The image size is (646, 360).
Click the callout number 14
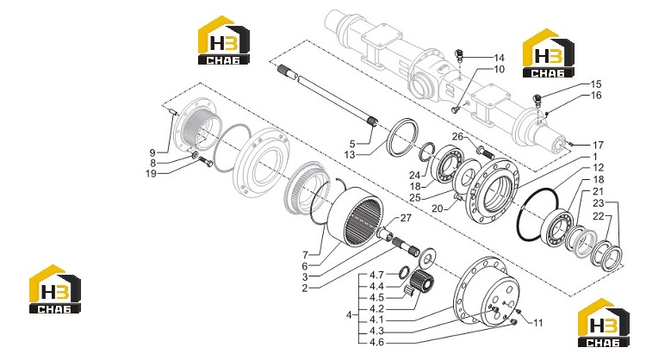pyautogui.click(x=499, y=58)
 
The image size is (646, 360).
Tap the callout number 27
pyautogui.click(x=406, y=218)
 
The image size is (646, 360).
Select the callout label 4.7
pyautogui.click(x=376, y=275)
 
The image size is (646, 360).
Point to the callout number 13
pyautogui.click(x=350, y=155)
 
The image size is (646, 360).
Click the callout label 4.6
pyautogui.click(x=376, y=342)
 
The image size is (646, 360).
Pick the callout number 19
pyautogui.click(x=152, y=173)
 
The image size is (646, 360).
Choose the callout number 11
pyautogui.click(x=538, y=323)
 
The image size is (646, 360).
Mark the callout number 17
pyautogui.click(x=599, y=145)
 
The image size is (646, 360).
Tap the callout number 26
pyautogui.click(x=457, y=136)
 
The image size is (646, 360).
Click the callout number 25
pyautogui.click(x=415, y=198)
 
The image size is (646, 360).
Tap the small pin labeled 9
pyautogui.click(x=173, y=111)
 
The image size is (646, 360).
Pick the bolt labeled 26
pyautogui.click(x=485, y=152)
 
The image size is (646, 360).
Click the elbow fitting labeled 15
pyautogui.click(x=537, y=99)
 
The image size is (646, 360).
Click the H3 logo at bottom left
pyautogui.click(x=55, y=289)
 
